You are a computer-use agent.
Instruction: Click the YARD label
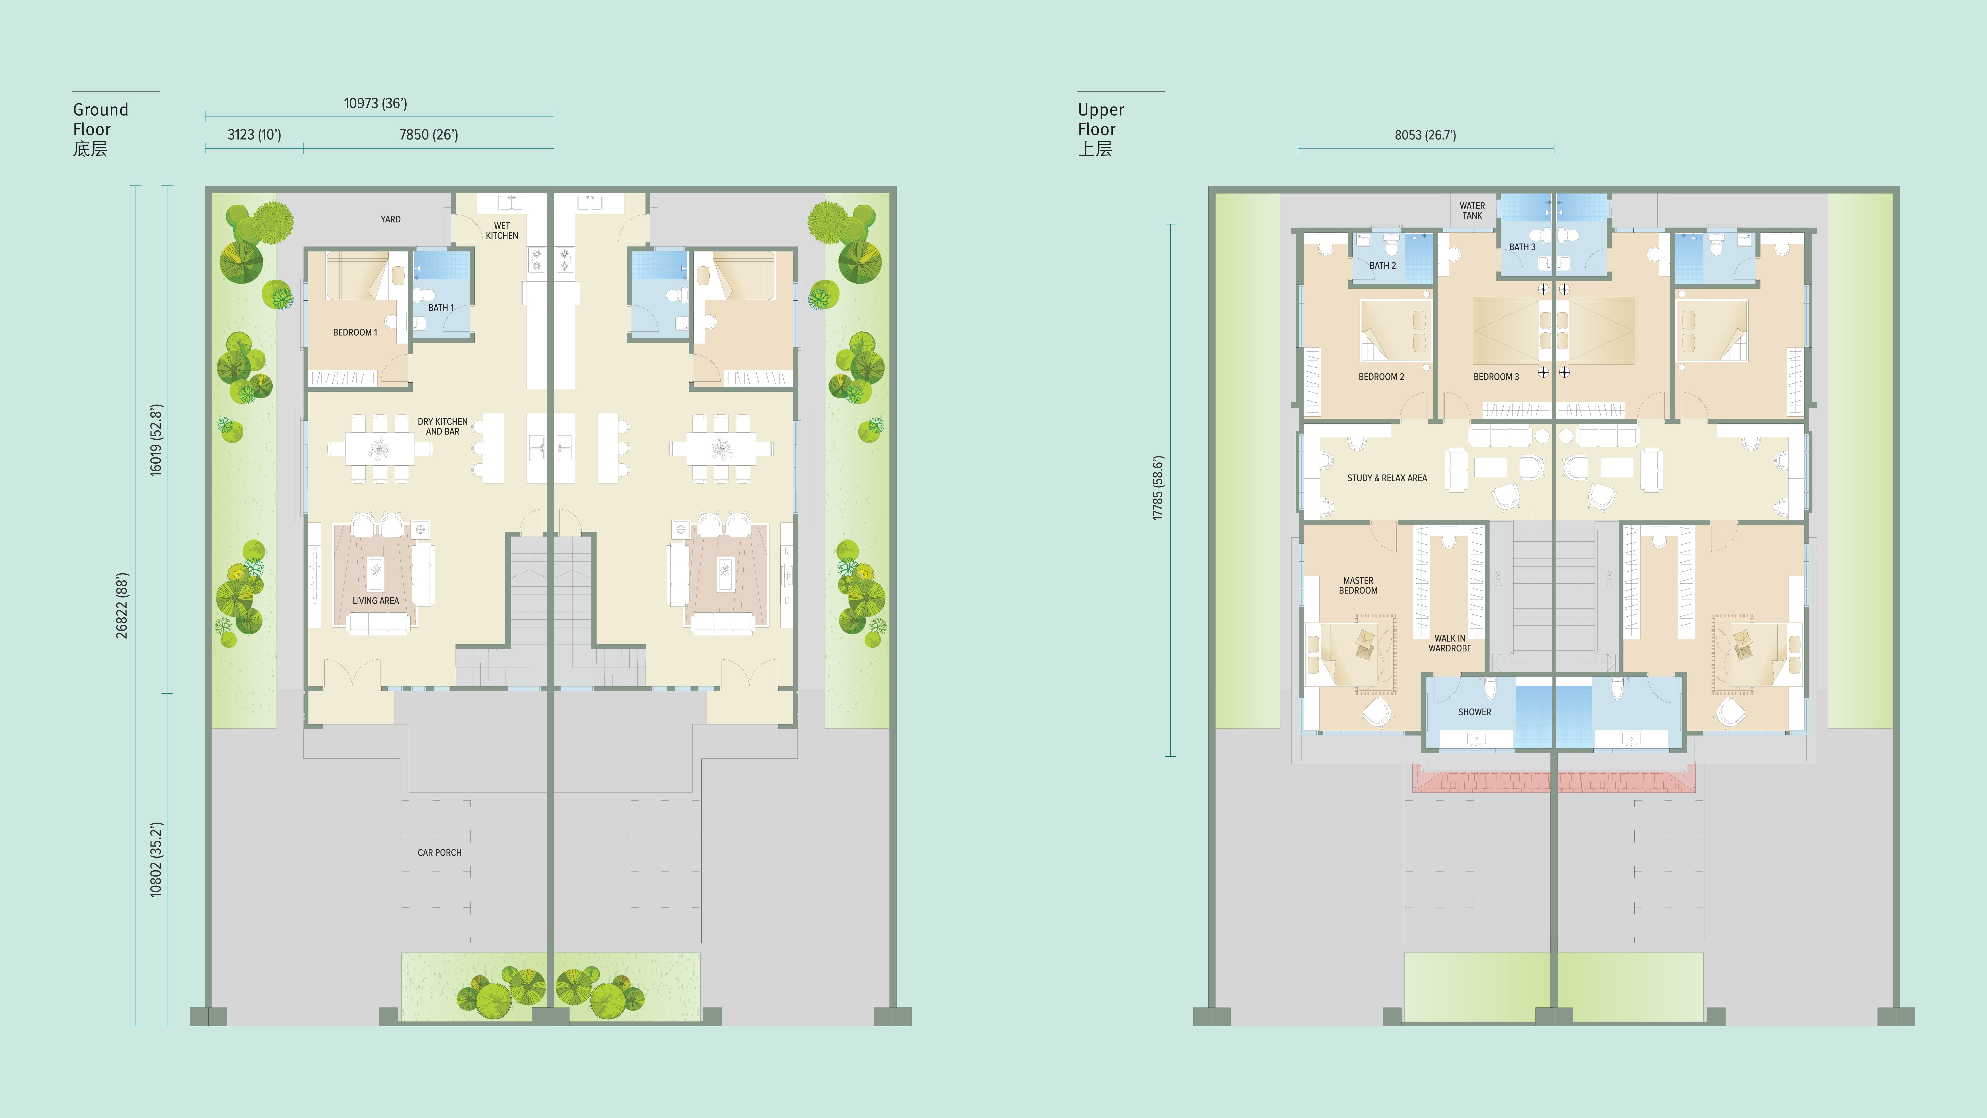(x=390, y=219)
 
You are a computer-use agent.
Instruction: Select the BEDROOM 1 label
(x=355, y=333)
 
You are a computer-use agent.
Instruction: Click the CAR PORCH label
(x=440, y=853)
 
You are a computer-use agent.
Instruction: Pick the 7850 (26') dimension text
(x=429, y=135)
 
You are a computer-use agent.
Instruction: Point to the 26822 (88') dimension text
(x=122, y=606)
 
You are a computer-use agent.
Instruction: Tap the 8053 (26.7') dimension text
(x=1425, y=135)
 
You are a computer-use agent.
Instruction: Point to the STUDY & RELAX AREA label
(x=1387, y=478)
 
